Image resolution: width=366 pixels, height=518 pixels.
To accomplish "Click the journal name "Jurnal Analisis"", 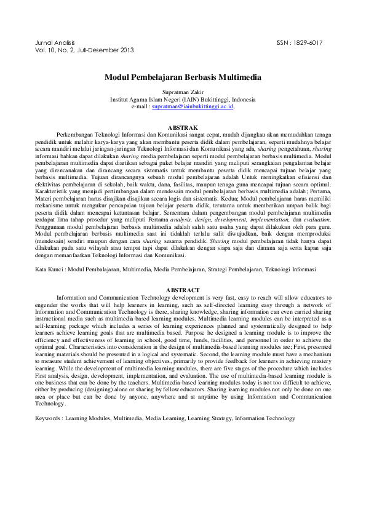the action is (x=52, y=42).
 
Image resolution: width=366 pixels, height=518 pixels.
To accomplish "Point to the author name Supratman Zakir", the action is (x=183, y=92).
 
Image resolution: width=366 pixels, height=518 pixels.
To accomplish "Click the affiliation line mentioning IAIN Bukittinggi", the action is (x=183, y=99).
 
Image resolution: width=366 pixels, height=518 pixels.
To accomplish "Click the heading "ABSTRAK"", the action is (x=183, y=126).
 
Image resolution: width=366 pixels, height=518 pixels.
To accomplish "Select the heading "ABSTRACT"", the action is (x=183, y=290).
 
